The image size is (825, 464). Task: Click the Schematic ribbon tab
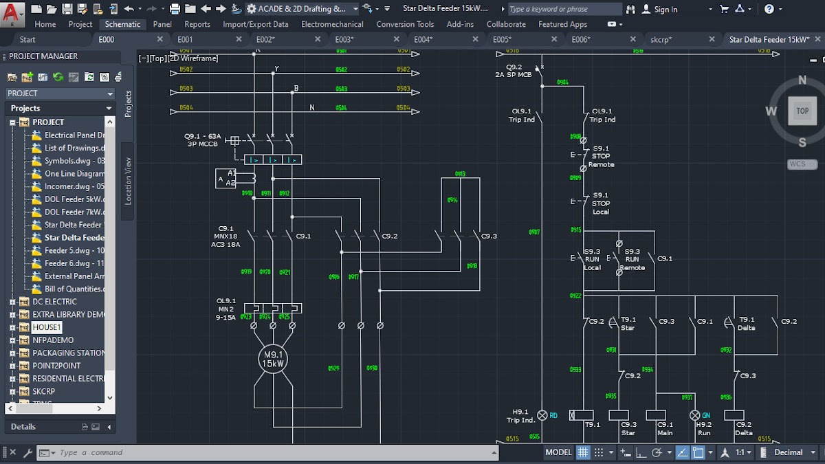[x=122, y=24]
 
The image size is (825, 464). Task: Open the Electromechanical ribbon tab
[x=332, y=24]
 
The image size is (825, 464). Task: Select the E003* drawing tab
[x=344, y=39]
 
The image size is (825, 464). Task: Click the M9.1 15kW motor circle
[x=273, y=359]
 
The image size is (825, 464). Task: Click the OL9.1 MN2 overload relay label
[x=226, y=309]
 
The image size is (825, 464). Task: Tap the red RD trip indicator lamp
[x=542, y=415]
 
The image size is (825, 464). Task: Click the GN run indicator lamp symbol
[x=694, y=415]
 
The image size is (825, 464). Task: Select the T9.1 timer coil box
[x=582, y=415]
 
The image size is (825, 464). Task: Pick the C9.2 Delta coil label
[x=743, y=428]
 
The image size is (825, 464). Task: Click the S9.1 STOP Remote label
[x=601, y=156]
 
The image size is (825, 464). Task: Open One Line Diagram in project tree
[x=74, y=174]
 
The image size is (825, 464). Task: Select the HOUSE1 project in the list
[x=47, y=327]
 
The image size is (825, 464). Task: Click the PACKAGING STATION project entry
[x=69, y=353]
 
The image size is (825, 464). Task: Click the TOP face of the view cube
[x=802, y=111]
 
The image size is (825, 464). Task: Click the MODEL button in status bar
[x=558, y=452]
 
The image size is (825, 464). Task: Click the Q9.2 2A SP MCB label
[x=514, y=71]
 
